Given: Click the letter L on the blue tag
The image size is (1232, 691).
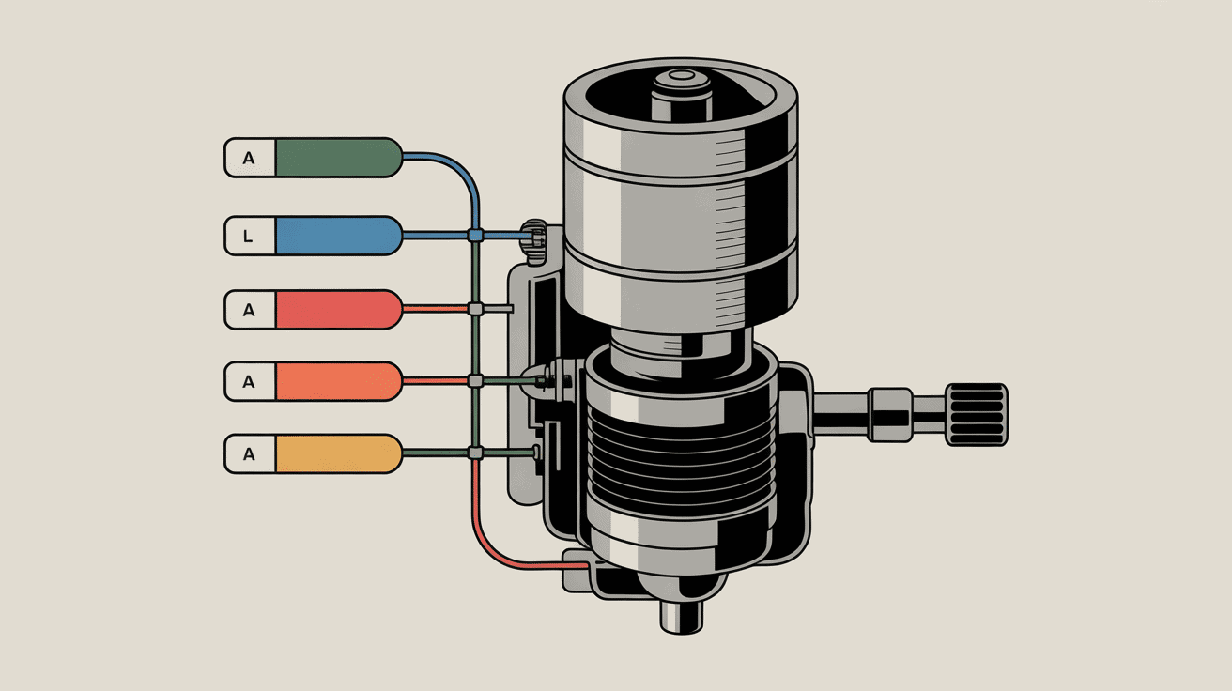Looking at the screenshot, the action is click(x=248, y=237).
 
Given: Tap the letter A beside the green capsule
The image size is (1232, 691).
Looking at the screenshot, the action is click(x=249, y=159).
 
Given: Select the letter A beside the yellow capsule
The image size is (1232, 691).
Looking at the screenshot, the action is click(x=249, y=454).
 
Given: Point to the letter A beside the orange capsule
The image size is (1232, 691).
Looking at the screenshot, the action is click(x=249, y=381).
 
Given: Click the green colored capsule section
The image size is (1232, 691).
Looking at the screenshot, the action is click(x=338, y=158).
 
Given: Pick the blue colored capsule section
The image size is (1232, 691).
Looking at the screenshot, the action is click(x=338, y=236).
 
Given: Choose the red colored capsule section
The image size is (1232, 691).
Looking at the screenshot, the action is click(x=338, y=310).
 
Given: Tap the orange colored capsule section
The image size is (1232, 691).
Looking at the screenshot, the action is click(x=338, y=381).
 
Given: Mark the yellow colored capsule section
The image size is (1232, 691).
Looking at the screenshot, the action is click(x=338, y=453).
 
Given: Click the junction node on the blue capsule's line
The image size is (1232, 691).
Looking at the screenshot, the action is click(x=476, y=236).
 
